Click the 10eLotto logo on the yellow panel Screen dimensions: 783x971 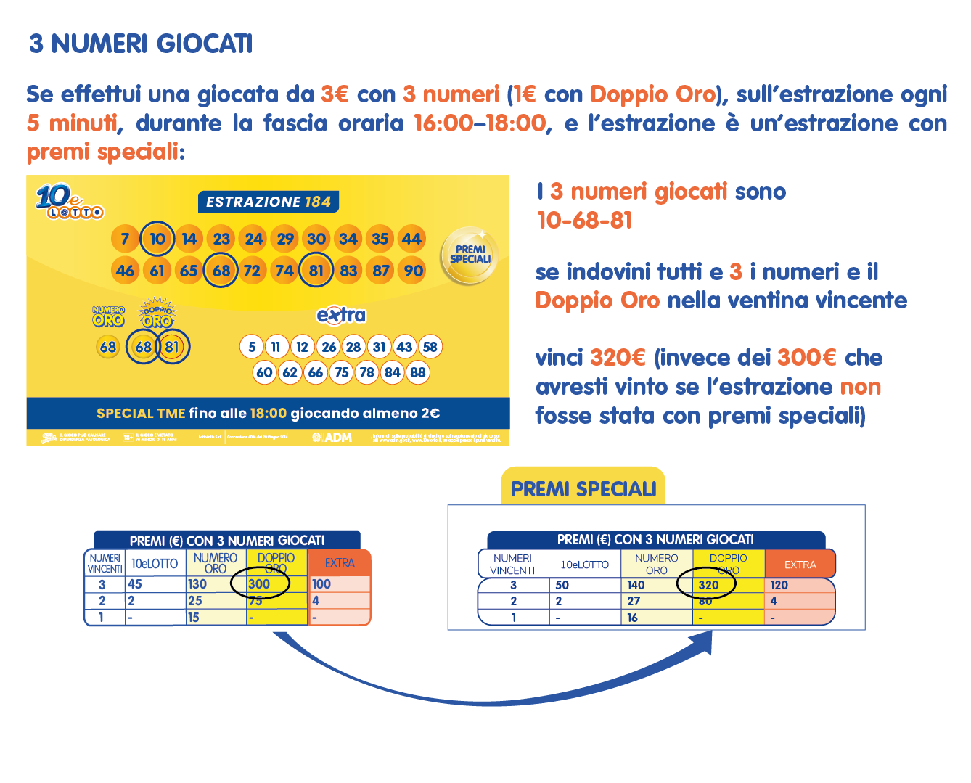point(69,201)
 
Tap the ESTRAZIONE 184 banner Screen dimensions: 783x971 point(268,202)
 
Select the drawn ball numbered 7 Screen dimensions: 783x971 point(125,239)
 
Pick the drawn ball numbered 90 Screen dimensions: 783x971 point(413,271)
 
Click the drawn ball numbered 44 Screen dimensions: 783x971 point(411,239)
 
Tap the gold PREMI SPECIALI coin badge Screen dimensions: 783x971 point(470,255)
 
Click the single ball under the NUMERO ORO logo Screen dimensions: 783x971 point(108,347)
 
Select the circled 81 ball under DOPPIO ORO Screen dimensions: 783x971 point(171,347)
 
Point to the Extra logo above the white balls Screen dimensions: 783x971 point(341,315)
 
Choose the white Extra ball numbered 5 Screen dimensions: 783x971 point(252,347)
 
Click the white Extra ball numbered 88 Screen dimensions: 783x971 point(417,373)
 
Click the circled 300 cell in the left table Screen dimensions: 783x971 point(260,584)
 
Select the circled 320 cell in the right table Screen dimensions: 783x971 point(708,585)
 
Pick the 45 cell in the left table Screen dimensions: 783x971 point(136,584)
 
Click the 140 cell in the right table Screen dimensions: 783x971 point(636,585)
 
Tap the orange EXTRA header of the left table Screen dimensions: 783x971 point(340,563)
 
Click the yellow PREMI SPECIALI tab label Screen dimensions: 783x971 point(583,489)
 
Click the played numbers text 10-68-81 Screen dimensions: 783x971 point(584,220)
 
